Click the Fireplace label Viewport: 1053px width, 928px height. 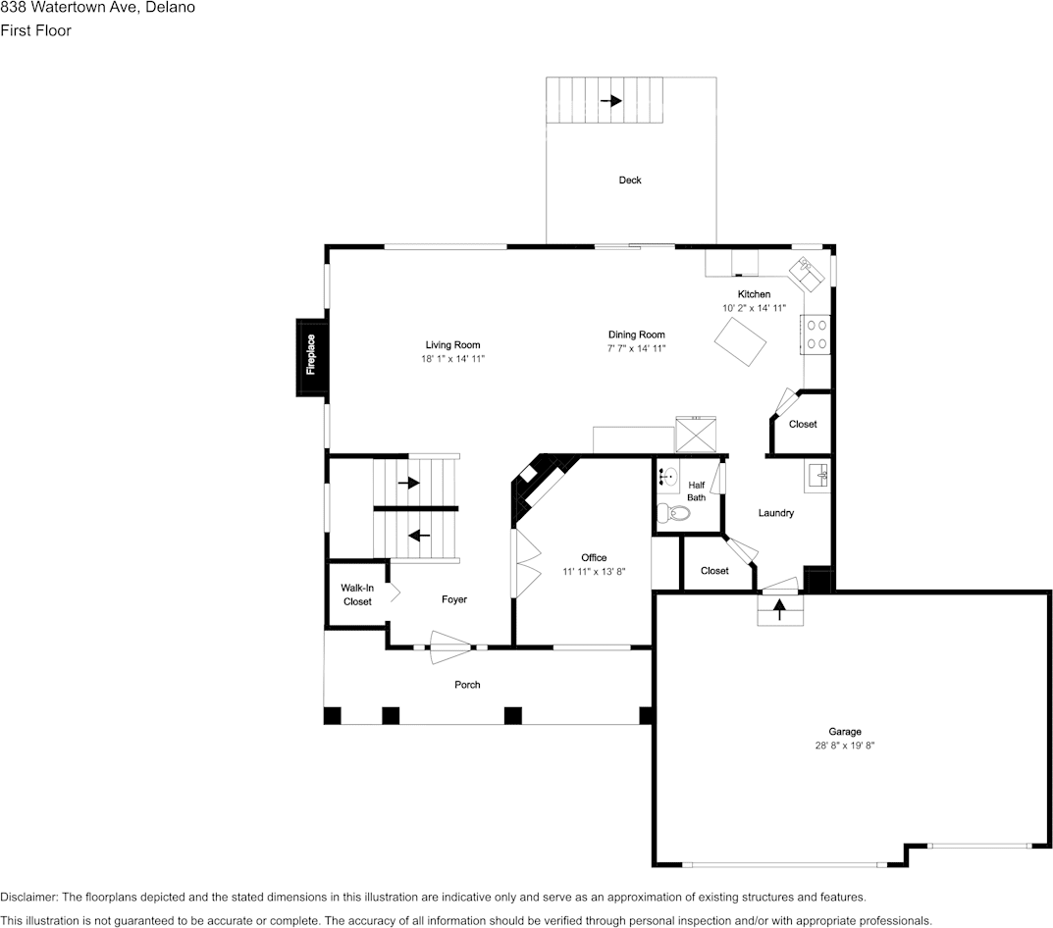(311, 355)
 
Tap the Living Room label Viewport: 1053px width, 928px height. (452, 344)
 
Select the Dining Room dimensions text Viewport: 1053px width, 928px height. (637, 348)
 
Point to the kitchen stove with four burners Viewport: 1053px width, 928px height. (816, 334)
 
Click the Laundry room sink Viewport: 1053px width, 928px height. (817, 476)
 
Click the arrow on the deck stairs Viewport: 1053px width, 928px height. (610, 101)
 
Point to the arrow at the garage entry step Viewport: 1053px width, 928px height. (780, 609)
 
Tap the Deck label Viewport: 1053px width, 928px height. (630, 180)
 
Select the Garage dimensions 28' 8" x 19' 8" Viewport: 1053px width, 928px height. (844, 746)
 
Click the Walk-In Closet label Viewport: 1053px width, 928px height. (357, 594)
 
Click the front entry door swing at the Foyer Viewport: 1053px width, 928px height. (450, 646)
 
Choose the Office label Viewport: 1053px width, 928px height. (594, 558)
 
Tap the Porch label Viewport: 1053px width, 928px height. (467, 685)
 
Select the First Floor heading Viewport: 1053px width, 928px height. (35, 30)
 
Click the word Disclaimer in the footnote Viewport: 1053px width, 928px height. (28, 897)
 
